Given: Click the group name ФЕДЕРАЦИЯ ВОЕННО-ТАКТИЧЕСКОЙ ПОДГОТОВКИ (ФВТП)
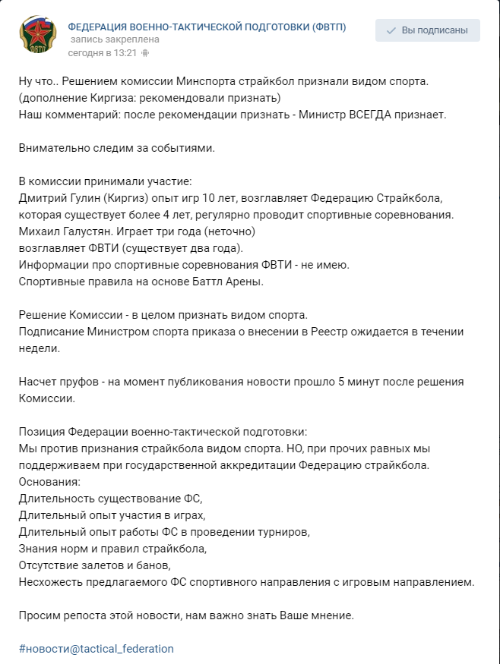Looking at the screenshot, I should pos(207,27).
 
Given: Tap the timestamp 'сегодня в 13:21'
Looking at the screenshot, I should pos(102,52).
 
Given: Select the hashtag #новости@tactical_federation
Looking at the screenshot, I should pos(97,649).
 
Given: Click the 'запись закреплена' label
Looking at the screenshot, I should pos(115,40).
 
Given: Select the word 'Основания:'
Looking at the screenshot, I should pos(49,482).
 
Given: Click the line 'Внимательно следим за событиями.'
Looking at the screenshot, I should pos(117,147).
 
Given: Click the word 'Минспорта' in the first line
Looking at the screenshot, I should pos(202,81).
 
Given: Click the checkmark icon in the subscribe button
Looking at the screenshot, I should pos(391,31).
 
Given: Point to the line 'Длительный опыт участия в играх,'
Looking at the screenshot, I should pos(112,515).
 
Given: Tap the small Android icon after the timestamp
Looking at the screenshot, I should pos(145,53).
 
